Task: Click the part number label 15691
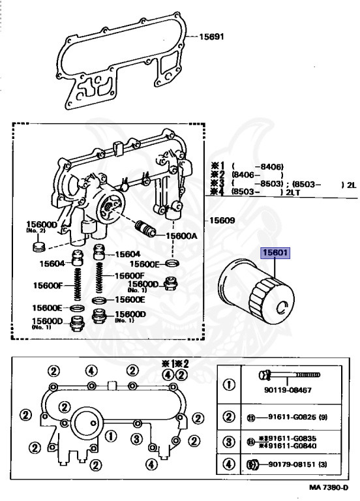211,37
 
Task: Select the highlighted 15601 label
275,253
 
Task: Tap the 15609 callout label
222,220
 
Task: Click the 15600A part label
181,236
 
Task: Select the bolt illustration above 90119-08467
289,374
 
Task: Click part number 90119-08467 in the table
288,390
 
